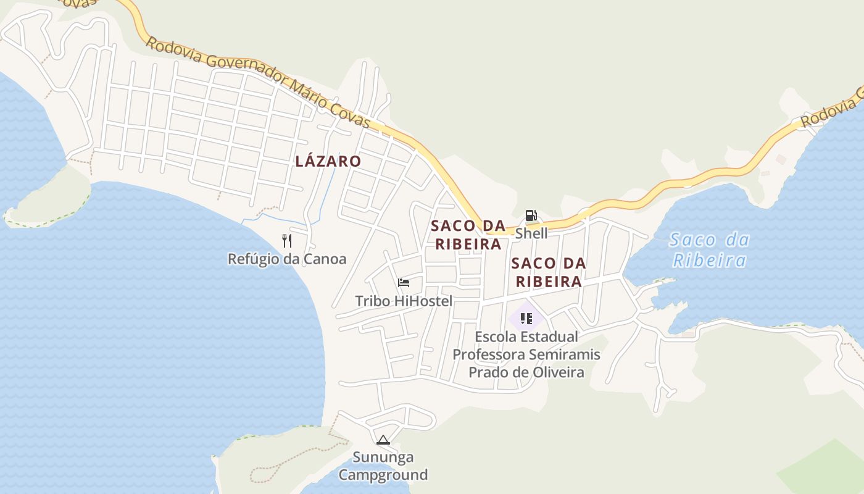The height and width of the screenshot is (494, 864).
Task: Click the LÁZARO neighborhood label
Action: tap(328, 162)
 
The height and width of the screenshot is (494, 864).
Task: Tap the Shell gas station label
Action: tap(531, 233)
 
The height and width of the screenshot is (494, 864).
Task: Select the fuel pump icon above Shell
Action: tap(531, 216)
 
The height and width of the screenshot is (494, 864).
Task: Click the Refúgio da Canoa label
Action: tap(287, 259)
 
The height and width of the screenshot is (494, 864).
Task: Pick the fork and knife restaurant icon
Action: tap(287, 241)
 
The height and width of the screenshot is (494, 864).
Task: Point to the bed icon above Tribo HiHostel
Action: tap(404, 283)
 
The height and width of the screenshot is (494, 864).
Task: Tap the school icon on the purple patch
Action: tap(526, 319)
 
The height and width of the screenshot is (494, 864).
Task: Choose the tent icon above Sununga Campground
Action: tap(383, 440)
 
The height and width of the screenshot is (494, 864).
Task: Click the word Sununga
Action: tap(383, 458)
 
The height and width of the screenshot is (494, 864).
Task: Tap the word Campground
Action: tap(383, 475)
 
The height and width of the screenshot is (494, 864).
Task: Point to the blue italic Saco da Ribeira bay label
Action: tap(708, 249)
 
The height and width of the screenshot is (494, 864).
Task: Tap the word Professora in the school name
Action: tap(488, 355)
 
